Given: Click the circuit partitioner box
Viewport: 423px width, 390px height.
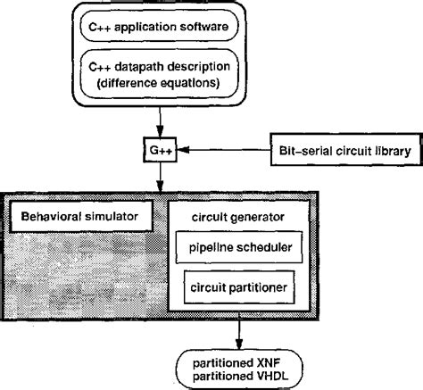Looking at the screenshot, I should coord(239,288).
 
